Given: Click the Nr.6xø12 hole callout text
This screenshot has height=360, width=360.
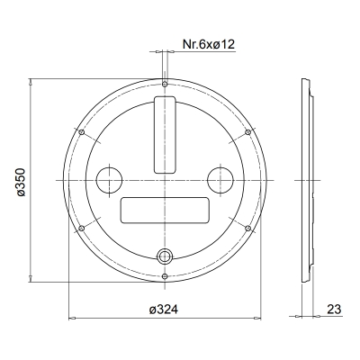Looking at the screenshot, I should pos(209,44).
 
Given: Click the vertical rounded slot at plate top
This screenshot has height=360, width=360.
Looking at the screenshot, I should pos(166,134).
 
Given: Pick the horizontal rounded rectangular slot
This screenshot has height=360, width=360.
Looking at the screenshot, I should pos(166,211).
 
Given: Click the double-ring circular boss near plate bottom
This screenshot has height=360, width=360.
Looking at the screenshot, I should pos(166,256).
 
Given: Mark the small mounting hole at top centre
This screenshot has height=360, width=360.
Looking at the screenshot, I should pos(166,85).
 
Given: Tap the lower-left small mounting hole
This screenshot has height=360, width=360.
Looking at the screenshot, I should pos(82,229).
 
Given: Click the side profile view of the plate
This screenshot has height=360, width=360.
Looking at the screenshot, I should pos(306,180).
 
